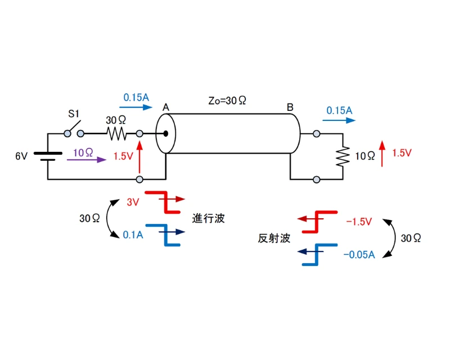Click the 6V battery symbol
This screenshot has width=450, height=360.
pyautogui.click(x=47, y=156)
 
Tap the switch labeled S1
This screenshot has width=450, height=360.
pyautogui.click(x=74, y=129)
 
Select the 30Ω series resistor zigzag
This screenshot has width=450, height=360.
pyautogui.click(x=117, y=134)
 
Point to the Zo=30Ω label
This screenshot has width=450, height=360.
pyautogui.click(x=228, y=101)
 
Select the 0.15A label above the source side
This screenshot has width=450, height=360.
pyautogui.click(x=136, y=97)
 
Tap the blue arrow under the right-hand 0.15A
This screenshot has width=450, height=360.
pyautogui.click(x=339, y=120)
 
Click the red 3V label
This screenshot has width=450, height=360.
pyautogui.click(x=132, y=202)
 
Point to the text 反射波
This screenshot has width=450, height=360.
pyautogui.click(x=274, y=238)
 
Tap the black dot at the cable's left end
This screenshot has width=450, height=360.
pyautogui.click(x=166, y=134)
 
